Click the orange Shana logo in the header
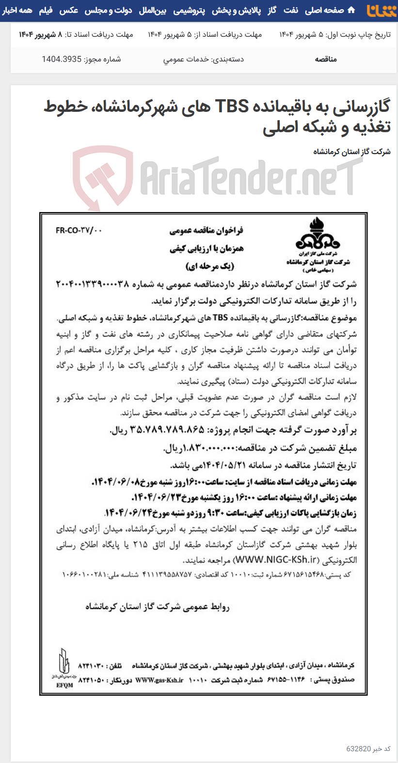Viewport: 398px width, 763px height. (382, 10)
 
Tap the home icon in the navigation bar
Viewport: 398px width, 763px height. (351, 10)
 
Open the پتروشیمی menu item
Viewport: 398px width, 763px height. (189, 10)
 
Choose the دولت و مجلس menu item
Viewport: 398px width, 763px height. (108, 10)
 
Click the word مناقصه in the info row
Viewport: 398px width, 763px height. (325, 59)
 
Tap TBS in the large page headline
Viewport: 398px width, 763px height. (232, 106)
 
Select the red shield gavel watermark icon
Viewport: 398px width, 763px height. (103, 177)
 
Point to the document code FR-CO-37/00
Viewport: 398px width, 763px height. (79, 230)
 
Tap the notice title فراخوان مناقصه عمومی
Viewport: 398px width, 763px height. (207, 231)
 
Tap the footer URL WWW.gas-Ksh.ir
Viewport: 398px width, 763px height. (159, 680)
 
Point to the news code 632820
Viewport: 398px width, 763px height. (359, 749)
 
